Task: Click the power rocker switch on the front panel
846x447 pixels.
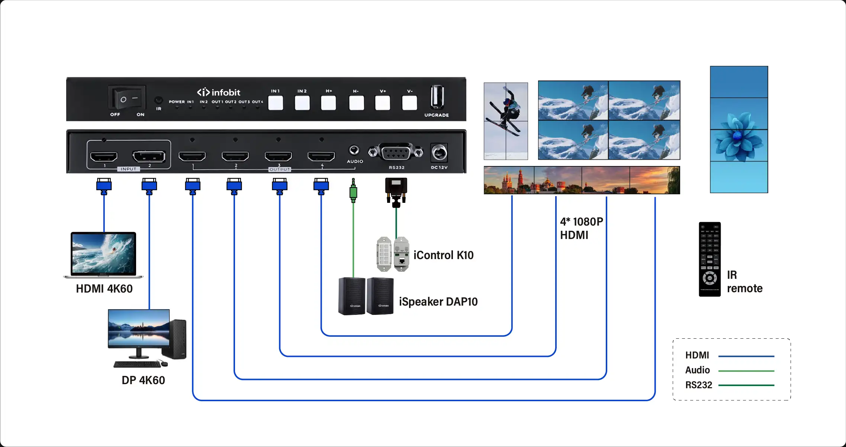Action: pos(127,99)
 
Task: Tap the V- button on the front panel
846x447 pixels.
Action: pos(409,103)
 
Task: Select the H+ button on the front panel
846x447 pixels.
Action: pos(328,103)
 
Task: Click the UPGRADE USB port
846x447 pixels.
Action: pos(437,97)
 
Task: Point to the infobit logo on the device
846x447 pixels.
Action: pos(219,92)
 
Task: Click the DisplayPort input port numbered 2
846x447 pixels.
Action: pos(149,156)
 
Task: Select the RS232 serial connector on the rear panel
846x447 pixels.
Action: pos(396,152)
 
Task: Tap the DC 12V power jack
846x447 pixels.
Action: pos(439,153)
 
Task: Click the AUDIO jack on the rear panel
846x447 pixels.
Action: pos(354,150)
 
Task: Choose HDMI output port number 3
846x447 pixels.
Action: pos(278,156)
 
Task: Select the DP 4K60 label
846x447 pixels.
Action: pos(143,380)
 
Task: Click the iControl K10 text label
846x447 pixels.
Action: pos(443,255)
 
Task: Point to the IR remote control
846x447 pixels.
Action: pos(710,259)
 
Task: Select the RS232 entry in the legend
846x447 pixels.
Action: pos(699,385)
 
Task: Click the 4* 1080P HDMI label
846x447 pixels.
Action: pos(581,228)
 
